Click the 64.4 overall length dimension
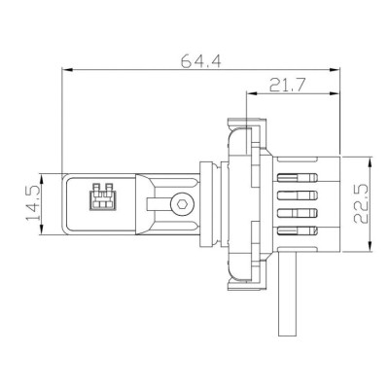[x=201, y=60]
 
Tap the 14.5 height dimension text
[x=33, y=201]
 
